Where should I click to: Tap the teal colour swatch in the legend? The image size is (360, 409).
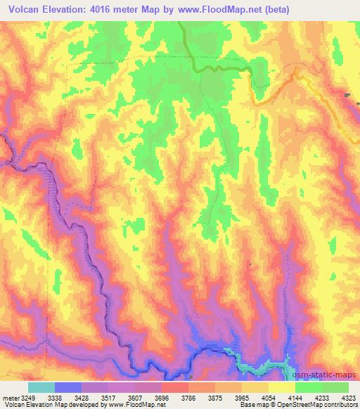pyautogui.click(x=41, y=387)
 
